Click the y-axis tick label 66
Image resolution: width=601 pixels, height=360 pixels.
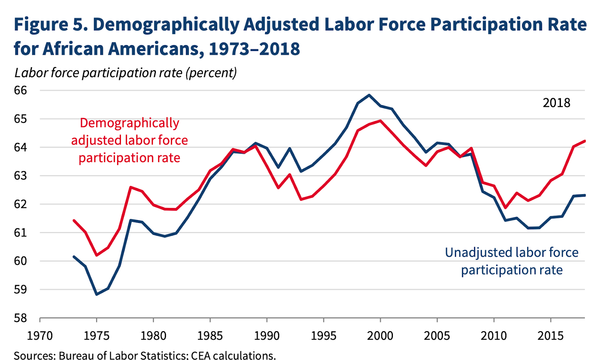(x=21, y=90)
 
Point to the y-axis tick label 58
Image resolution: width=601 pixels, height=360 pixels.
(x=21, y=318)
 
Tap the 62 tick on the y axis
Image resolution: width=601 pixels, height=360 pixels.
(x=21, y=204)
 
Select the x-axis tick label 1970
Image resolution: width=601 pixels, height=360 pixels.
(x=40, y=336)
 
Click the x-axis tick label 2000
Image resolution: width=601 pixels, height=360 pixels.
(x=380, y=336)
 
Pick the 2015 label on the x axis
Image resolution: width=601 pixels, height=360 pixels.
(x=550, y=336)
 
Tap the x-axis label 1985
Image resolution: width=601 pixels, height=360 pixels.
(x=210, y=336)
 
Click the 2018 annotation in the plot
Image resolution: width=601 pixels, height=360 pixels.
(x=556, y=103)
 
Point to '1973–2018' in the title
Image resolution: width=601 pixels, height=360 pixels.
(x=254, y=49)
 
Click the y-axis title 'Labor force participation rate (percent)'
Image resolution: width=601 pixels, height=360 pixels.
(x=125, y=72)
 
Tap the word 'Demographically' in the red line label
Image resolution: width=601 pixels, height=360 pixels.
(x=130, y=123)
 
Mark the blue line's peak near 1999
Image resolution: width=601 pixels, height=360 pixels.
(x=369, y=95)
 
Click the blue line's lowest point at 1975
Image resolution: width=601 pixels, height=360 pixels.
(x=97, y=294)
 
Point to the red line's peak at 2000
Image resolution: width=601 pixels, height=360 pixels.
(x=380, y=121)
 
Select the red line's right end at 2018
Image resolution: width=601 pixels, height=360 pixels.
(x=584, y=141)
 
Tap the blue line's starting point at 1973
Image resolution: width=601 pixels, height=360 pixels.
(x=74, y=257)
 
